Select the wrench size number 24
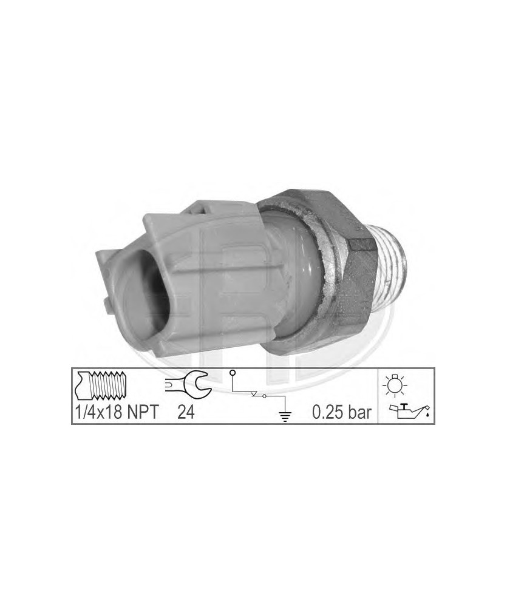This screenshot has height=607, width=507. pyautogui.click(x=186, y=413)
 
